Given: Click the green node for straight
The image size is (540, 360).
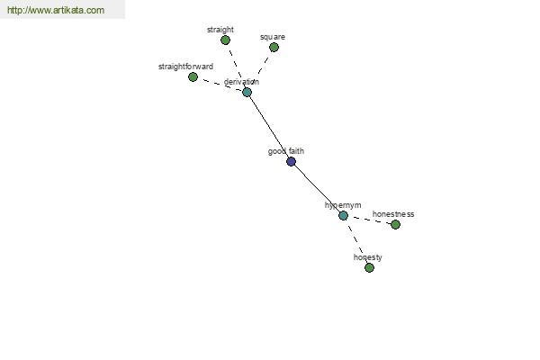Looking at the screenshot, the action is click(225, 40).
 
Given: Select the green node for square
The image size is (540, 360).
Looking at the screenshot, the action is click(274, 47).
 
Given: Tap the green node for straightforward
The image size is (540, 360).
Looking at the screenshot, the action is click(193, 76).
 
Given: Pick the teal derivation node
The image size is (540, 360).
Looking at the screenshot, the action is click(247, 92).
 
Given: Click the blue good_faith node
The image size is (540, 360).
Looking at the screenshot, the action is click(291, 161).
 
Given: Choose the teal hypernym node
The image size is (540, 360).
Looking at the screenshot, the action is click(343, 216).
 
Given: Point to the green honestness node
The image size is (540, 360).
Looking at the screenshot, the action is click(395, 225).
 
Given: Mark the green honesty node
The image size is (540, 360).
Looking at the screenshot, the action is click(369, 267).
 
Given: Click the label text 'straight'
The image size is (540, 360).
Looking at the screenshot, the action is click(220, 30).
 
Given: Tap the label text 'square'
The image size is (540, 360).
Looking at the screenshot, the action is click(273, 37).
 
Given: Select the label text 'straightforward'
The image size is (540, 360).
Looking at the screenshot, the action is click(185, 67).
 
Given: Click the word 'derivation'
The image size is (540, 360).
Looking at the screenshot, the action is click(241, 82).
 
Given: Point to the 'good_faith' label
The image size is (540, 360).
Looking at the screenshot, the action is click(286, 151).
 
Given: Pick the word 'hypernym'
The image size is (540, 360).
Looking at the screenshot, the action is click(343, 205).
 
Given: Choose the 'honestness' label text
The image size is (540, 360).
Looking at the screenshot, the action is click(393, 214).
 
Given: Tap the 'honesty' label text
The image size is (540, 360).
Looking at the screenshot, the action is click(368, 257).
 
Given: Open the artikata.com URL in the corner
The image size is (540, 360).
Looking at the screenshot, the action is click(56, 10).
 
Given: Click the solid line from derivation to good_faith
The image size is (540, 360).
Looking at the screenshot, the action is click(269, 127).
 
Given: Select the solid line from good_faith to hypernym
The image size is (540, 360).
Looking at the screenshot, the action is click(317, 188).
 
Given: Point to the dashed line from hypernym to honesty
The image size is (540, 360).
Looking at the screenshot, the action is click(356, 241).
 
